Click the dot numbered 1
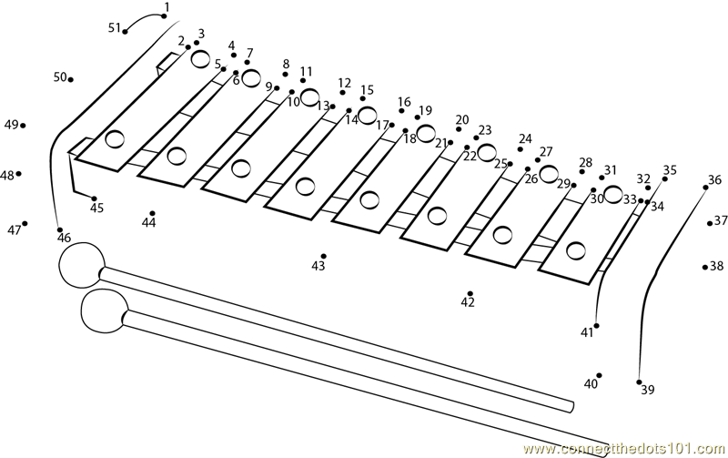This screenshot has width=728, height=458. coord(164,16)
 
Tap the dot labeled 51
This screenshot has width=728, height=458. coord(125,32)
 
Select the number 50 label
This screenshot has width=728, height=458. coord(60,77)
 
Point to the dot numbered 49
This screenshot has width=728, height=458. coord(23,126)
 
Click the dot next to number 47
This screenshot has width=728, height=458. coord(25,223)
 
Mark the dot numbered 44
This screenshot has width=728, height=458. coord(152,213)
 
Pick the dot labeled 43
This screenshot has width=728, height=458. coord(324,256)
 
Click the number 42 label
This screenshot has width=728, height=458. coord(468,302)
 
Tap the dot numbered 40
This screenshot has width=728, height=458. coord(599,375)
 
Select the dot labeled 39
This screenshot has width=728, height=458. coord(639,382)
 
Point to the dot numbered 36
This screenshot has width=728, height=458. coord(706,188)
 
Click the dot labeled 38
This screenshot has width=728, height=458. coord(704,267)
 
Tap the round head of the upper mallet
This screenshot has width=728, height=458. coord(81,265)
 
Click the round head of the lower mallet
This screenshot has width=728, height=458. coord(104,310)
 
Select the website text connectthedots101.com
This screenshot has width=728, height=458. coord(623,449)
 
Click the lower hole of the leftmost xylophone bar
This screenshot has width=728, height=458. coord(115,138)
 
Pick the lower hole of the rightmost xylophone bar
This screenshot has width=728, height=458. coord(576,250)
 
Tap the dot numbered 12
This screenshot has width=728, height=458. coord(343,93)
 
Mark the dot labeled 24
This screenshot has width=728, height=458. coord(520,149)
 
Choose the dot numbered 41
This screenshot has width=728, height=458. coord(596,326)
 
